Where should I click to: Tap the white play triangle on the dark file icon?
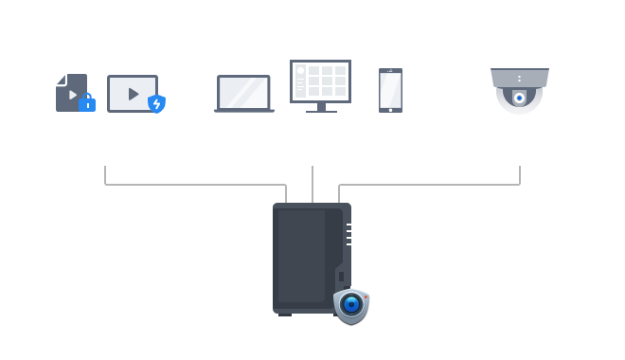[72, 95]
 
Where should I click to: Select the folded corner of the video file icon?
[60, 79]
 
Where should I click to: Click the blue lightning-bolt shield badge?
[157, 104]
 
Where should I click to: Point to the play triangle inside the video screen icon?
[133, 94]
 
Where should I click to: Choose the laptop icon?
[243, 94]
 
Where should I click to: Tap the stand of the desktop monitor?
[320, 108]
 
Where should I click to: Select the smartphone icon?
[390, 90]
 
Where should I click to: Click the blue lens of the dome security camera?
[519, 98]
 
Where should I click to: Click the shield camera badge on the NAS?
[350, 305]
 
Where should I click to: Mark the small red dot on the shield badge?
[365, 296]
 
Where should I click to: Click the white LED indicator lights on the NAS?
[348, 234]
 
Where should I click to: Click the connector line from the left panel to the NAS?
[189, 185]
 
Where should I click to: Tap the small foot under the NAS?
[285, 315]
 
